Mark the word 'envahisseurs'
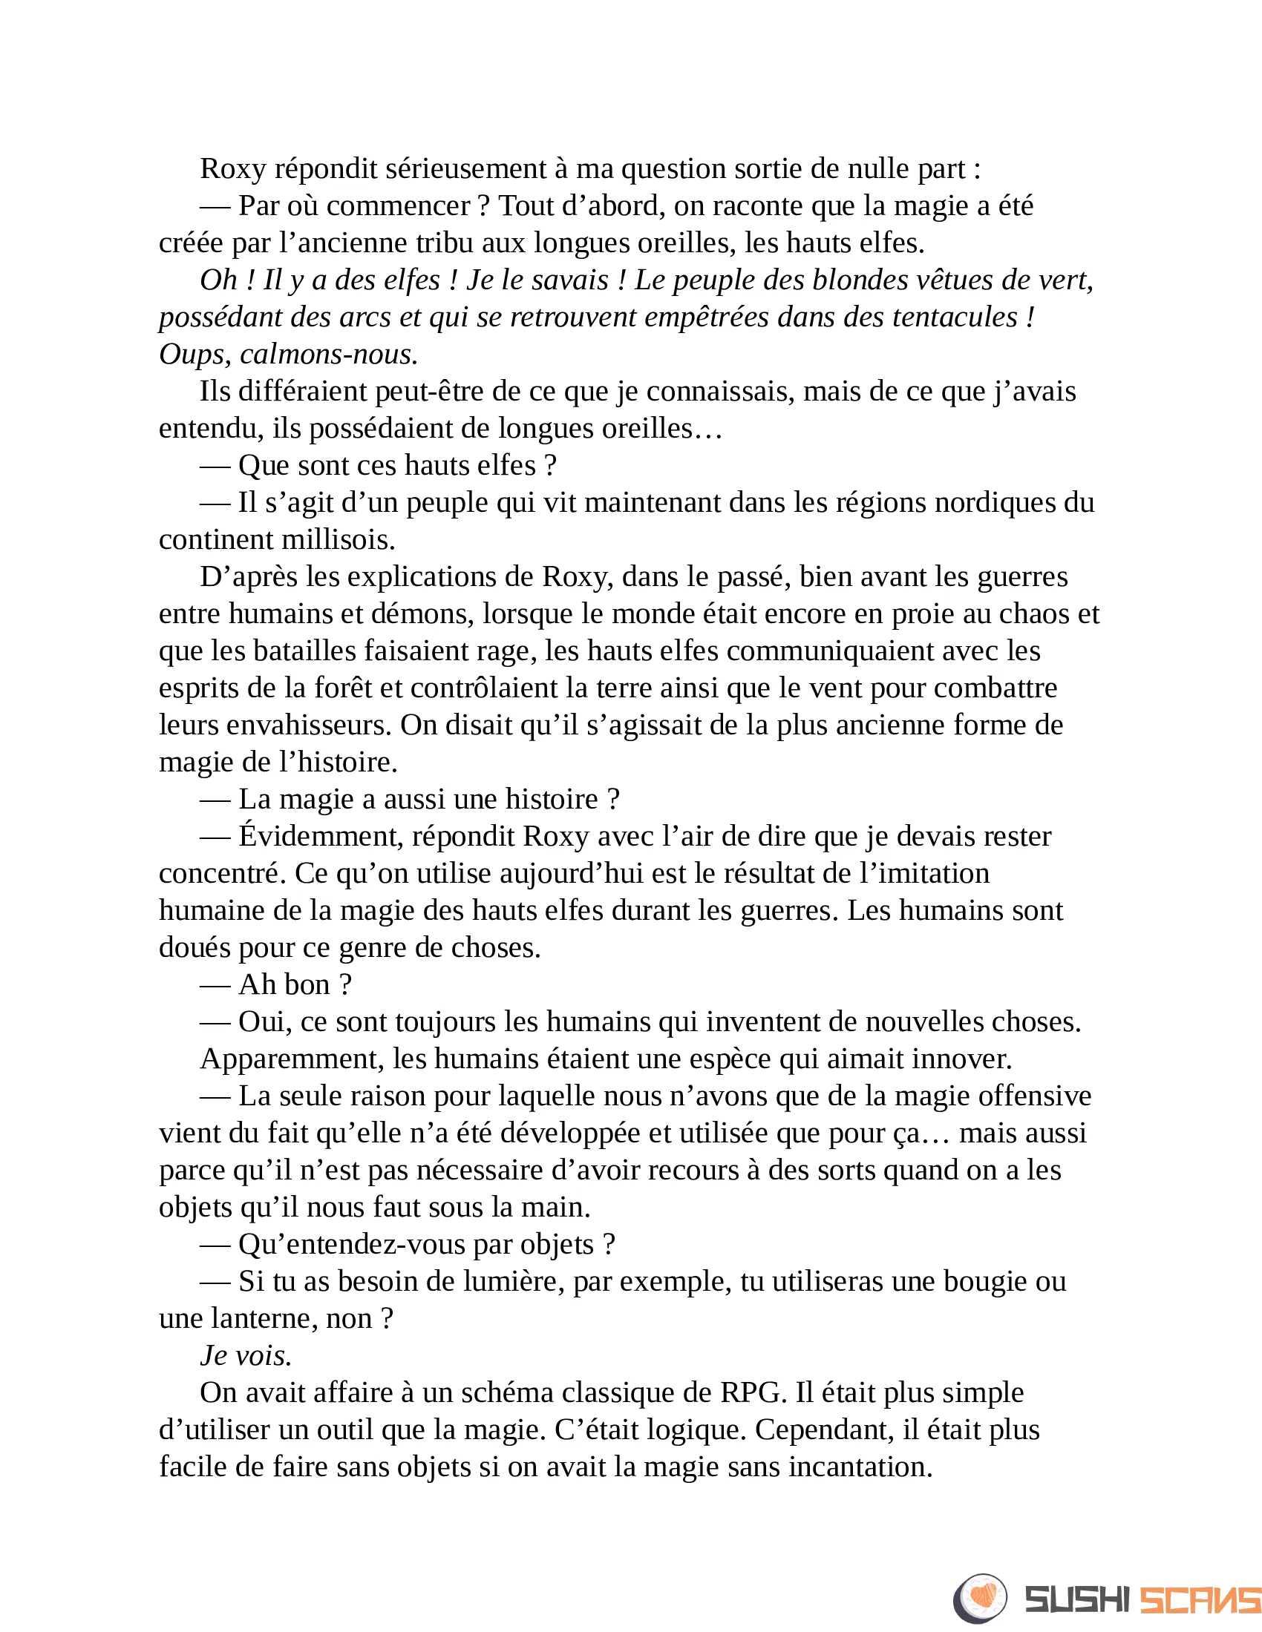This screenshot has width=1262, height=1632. [x=318, y=725]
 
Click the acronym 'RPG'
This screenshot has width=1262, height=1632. [x=753, y=1393]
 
